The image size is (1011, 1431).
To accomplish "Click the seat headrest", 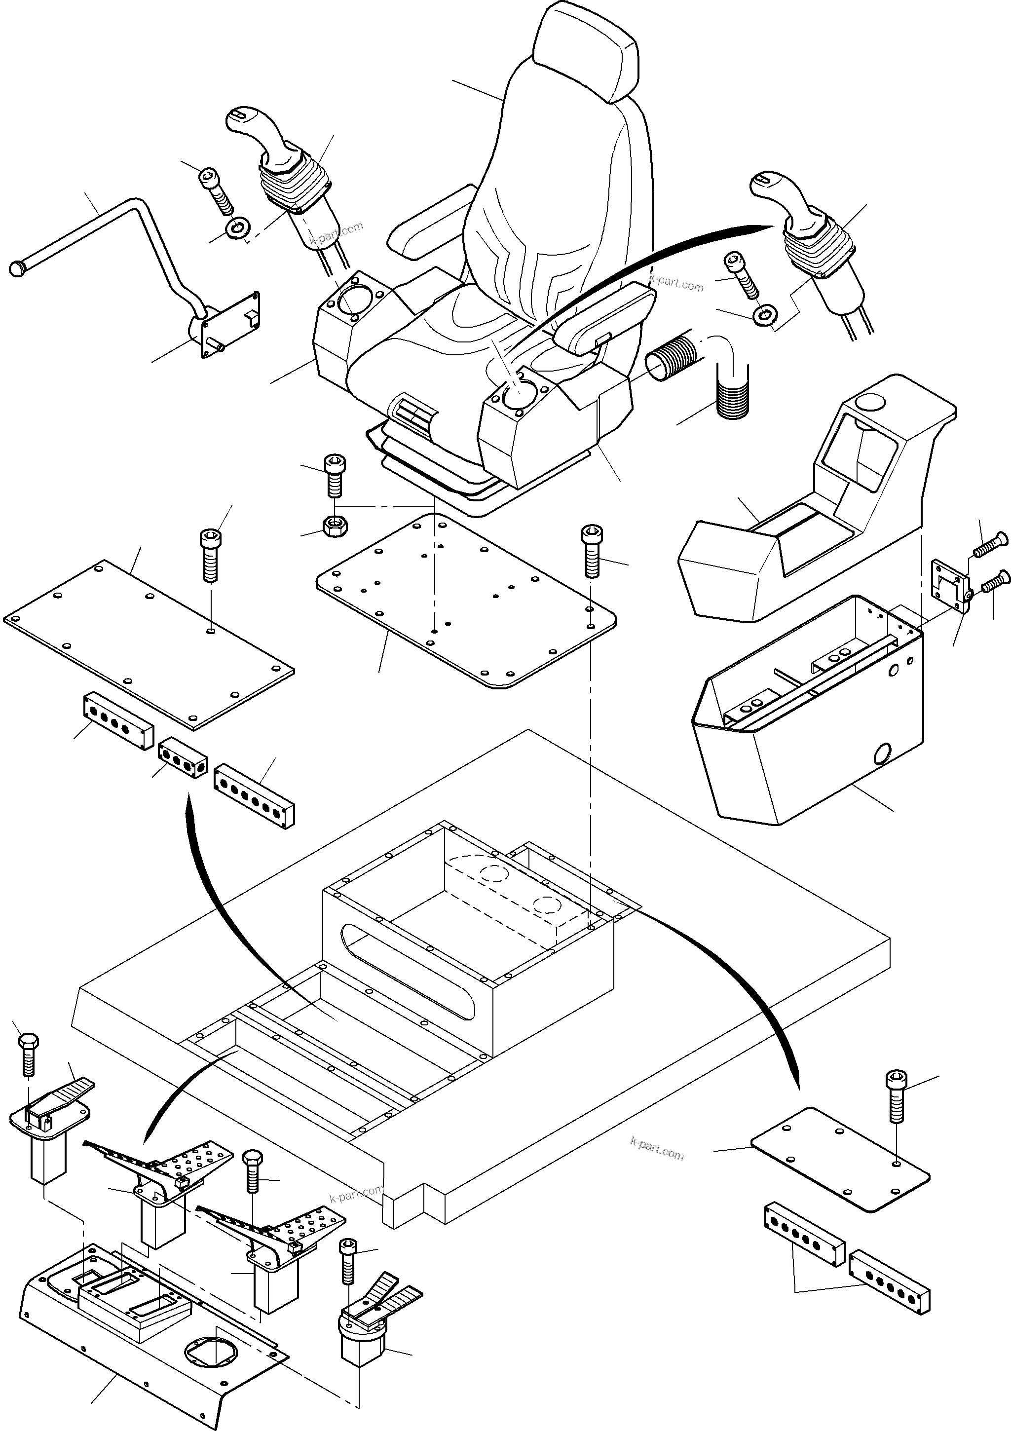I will click(x=586, y=50).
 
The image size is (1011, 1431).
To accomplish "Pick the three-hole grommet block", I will click(x=182, y=758).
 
